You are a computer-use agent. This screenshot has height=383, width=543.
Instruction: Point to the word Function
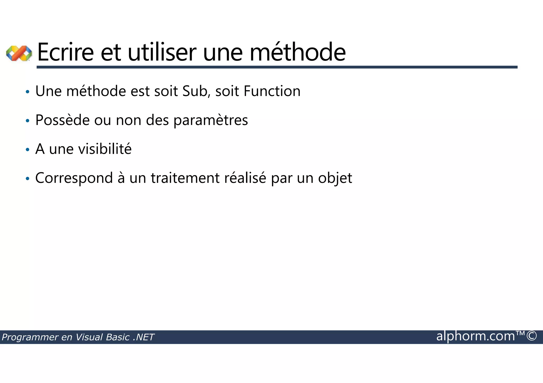click(272, 91)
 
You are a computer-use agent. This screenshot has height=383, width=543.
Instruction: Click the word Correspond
click(74, 178)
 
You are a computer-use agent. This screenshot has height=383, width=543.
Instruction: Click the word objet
click(335, 178)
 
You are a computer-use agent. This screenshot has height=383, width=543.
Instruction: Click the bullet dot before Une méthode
click(27, 92)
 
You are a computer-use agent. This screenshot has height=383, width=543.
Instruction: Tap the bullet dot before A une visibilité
click(27, 150)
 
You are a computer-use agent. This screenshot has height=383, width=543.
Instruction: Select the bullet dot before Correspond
click(27, 179)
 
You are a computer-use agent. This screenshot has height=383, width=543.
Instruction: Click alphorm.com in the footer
click(476, 336)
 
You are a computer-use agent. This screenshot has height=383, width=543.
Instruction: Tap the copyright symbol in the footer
click(532, 336)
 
